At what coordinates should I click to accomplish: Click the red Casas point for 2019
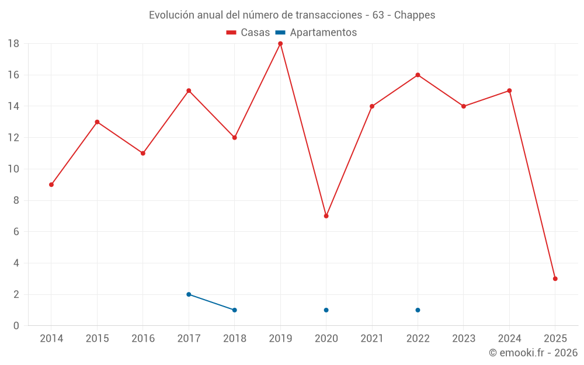pos(280,44)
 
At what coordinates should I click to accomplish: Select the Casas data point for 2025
pos(555,279)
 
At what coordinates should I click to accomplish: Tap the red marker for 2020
pos(326,216)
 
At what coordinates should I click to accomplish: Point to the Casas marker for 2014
pos(51,185)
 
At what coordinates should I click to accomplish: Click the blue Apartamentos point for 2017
pos(189,294)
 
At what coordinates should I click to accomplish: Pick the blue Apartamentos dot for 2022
pos(418,310)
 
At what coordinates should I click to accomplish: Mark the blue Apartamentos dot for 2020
pos(326,310)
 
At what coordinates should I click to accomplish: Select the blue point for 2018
pos(234,310)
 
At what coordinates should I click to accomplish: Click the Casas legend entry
pos(248,33)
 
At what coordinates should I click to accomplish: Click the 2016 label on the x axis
pos(143,339)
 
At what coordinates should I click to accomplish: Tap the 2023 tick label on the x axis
pos(464,339)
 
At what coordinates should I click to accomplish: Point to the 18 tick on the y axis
pos(13,44)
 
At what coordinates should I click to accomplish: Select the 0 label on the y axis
pos(16,326)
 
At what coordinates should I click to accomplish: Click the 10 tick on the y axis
pos(13,169)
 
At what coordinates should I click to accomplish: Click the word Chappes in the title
pos(415,15)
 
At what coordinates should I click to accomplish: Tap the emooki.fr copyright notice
pos(533,353)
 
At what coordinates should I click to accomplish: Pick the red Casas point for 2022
pos(418,75)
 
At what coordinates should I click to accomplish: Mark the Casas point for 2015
pos(97,122)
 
